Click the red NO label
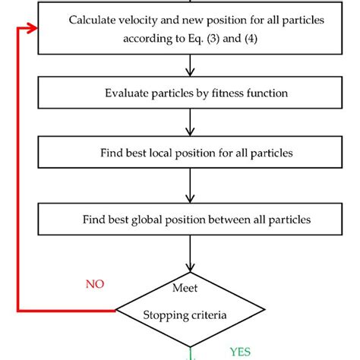(96, 284)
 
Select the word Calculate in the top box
(93, 19)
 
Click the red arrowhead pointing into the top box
(33, 29)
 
